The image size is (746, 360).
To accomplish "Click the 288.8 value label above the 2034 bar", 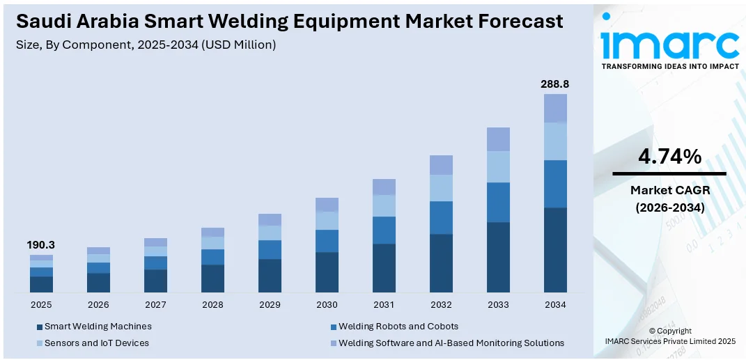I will coord(555,84).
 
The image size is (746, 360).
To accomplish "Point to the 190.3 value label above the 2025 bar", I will coord(41,245).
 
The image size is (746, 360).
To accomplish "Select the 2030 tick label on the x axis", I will coord(327,305).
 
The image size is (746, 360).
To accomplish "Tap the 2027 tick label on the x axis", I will coord(155,305).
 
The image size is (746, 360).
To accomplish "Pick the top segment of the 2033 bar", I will coord(498,139).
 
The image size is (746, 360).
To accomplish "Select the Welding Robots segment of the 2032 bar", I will coord(441,217).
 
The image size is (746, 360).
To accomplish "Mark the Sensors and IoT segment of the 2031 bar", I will coord(384,205).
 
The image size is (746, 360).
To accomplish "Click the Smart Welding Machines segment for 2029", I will coord(270,275).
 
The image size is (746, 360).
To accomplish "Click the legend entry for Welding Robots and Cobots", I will coord(398,327).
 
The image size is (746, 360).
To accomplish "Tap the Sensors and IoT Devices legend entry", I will coord(96,343).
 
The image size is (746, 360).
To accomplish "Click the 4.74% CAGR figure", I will coord(669,157).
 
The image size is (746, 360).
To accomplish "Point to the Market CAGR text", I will coord(669,189).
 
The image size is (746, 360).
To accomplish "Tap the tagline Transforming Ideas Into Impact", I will coord(669,66).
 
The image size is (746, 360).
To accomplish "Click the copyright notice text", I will coord(669,336).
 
